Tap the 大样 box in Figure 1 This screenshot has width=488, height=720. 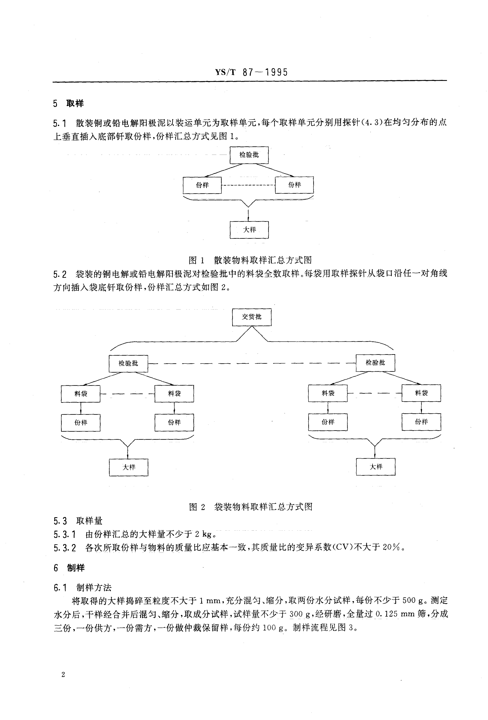click(249, 230)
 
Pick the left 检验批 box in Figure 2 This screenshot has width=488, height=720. click(128, 363)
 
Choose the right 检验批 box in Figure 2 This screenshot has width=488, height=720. click(375, 362)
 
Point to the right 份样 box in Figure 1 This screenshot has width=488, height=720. click(294, 185)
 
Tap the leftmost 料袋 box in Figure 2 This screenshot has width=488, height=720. click(81, 393)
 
